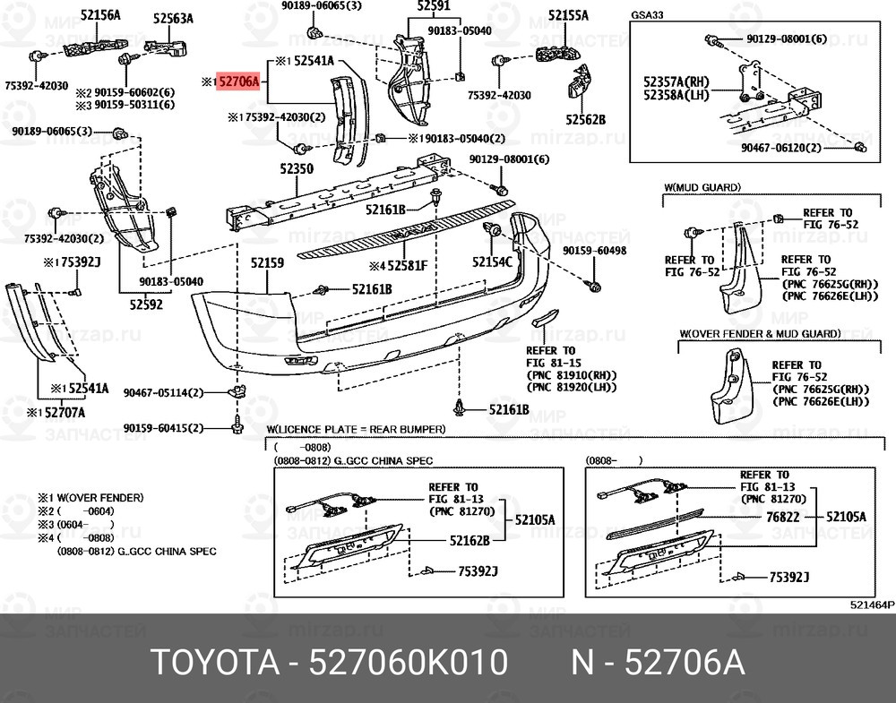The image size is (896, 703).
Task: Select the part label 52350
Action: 297,167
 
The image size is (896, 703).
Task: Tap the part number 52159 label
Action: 267,263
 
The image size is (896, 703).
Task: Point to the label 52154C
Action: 492,261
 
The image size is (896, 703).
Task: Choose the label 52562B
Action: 586,118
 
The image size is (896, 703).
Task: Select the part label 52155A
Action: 569,15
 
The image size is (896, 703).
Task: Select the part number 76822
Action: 783,518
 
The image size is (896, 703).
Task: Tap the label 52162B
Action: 469,540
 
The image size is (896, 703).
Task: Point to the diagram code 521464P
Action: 872,604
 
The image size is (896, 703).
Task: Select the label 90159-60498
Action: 595,252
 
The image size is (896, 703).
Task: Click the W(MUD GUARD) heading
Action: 702,187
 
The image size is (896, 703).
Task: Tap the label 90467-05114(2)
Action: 164,392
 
